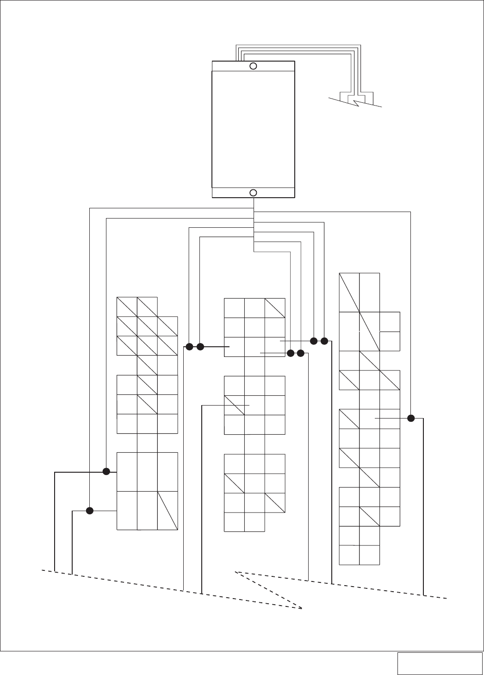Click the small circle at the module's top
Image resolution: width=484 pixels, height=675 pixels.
coord(253,66)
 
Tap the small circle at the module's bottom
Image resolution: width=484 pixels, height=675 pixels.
coord(253,193)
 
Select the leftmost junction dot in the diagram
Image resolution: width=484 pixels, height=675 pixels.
coord(90,511)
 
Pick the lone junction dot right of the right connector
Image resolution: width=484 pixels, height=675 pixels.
coord(411,419)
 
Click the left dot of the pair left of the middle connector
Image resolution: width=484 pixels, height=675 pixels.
coord(189,346)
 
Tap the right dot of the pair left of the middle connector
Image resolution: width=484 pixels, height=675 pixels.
coord(200,346)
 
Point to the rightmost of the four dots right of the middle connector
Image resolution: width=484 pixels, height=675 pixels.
coord(324,341)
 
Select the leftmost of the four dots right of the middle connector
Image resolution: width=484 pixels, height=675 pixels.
coord(291,353)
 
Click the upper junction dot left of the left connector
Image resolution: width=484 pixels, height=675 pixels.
coord(106,472)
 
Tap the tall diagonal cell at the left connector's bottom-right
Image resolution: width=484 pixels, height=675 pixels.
coord(168,510)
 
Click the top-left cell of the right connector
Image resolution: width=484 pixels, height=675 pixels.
coord(349,293)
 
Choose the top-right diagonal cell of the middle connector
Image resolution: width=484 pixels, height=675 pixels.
coord(275,308)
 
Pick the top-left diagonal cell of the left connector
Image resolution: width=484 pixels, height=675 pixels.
coord(127,306)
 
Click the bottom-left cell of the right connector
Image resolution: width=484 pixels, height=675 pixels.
coord(349,555)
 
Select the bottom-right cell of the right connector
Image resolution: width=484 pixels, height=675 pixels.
coord(369,555)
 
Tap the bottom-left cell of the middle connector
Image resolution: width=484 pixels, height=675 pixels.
coord(234,522)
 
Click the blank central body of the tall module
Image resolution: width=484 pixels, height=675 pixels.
coord(253,130)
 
